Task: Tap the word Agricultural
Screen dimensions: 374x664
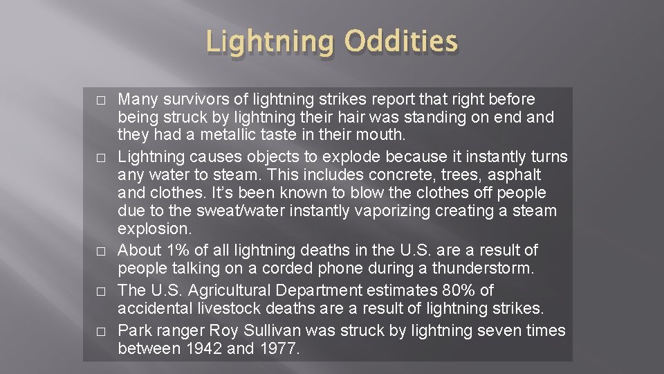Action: click(x=243, y=290)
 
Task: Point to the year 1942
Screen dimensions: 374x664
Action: click(x=201, y=349)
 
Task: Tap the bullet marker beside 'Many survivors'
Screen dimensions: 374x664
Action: click(x=102, y=100)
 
